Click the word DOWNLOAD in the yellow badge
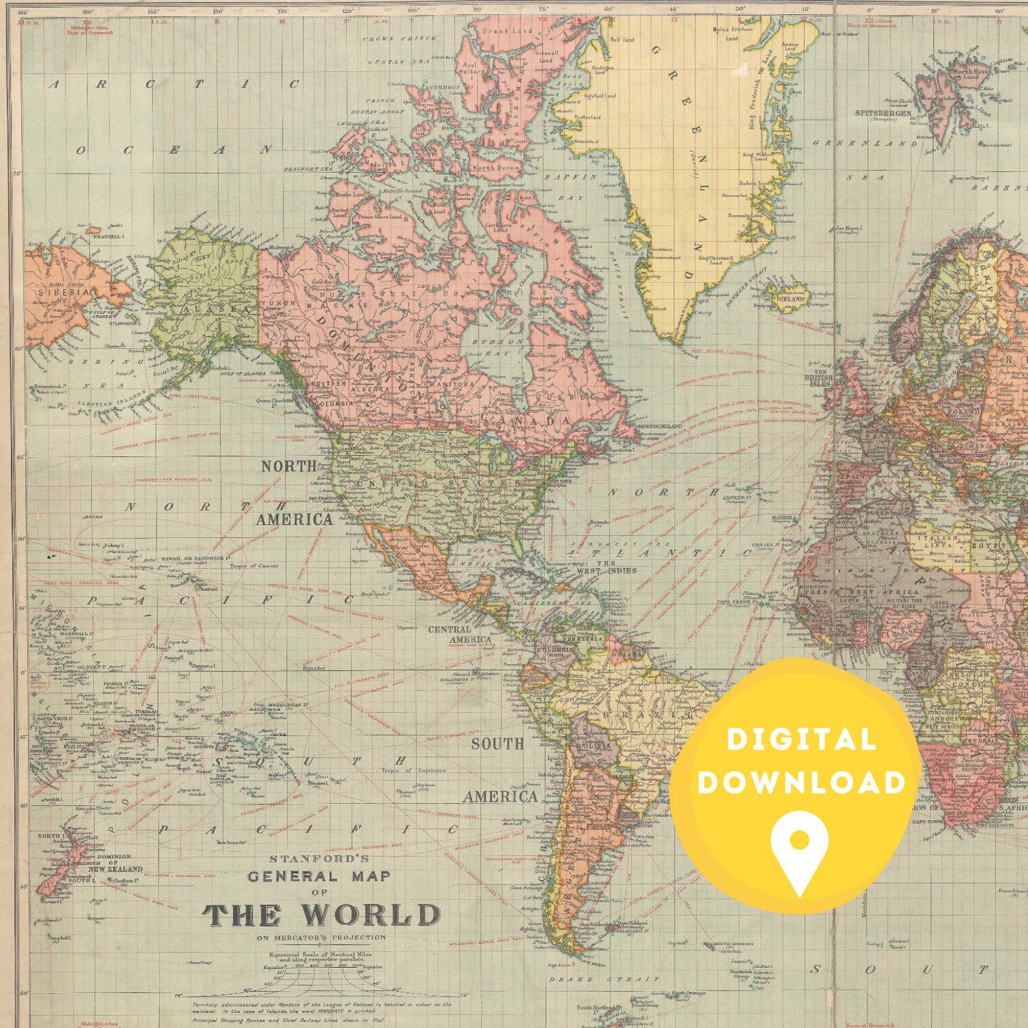click(801, 782)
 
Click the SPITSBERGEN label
click(883, 113)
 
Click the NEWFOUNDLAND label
click(660, 427)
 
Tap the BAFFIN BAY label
click(569, 186)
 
